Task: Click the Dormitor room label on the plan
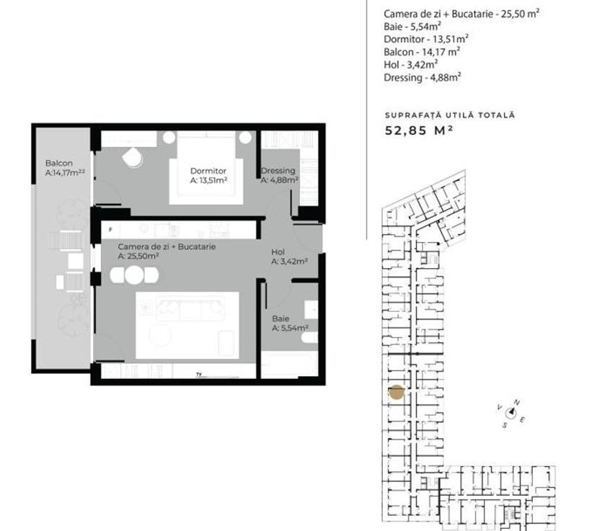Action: pos(208,171)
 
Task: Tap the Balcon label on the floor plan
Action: pos(58,164)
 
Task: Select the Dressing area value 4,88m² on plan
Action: pos(279,180)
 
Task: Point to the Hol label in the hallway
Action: pos(278,252)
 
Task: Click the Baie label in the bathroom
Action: pos(280,318)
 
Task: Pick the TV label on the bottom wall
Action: pos(198,373)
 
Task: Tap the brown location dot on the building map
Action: pos(396,393)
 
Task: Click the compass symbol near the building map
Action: pos(511,413)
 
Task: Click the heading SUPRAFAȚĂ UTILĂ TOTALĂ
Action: pos(450,115)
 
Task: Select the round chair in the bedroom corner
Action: pos(133,157)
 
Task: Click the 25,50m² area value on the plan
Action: pos(138,256)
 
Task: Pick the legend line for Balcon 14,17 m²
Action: pos(422,52)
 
